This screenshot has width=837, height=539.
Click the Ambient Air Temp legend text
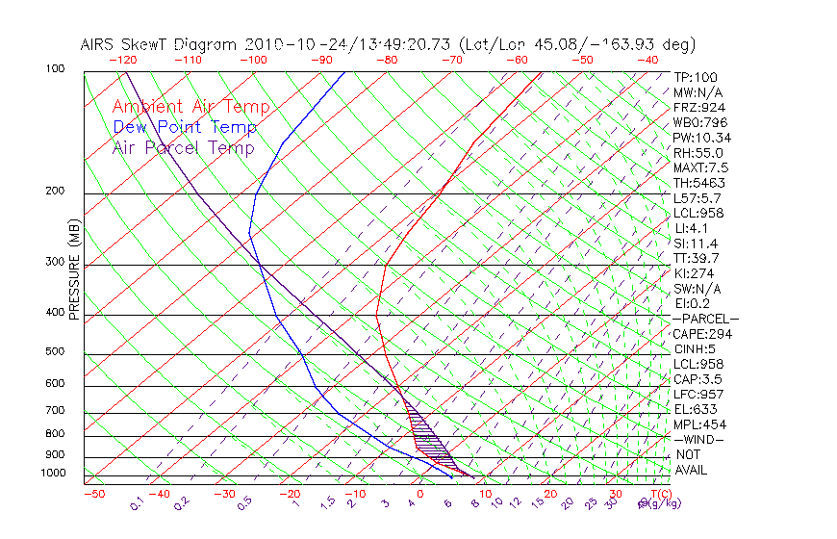tap(190, 107)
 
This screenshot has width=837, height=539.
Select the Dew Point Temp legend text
tap(185, 127)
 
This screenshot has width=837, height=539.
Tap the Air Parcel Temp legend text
tap(183, 147)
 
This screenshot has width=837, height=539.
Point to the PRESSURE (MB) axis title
tap(74, 269)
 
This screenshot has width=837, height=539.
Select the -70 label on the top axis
tap(450, 60)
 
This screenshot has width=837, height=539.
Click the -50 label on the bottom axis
tap(93, 494)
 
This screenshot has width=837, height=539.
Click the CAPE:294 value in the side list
tap(701, 334)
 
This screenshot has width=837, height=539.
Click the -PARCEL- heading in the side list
tap(705, 319)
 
